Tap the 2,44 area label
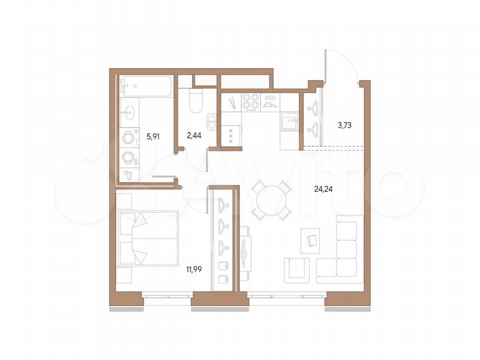pyautogui.click(x=194, y=135)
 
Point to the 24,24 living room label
pyautogui.click(x=325, y=189)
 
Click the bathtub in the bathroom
pyautogui.click(x=147, y=87)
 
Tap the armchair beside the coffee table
pyautogui.click(x=297, y=269)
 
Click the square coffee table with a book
pyautogui.click(x=311, y=238)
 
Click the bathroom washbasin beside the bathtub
pyautogui.click(x=129, y=111)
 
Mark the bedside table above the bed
pyautogui.click(x=126, y=201)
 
